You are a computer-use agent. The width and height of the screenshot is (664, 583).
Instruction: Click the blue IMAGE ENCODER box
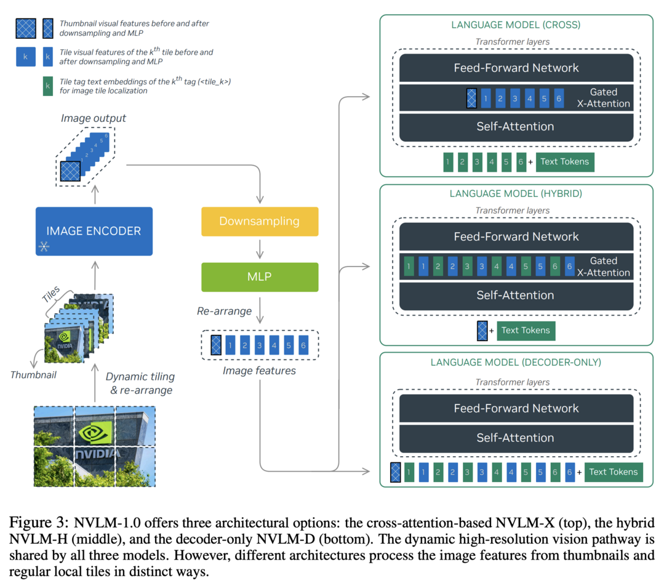coord(94,231)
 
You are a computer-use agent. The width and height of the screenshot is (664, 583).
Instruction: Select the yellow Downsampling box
coord(260,221)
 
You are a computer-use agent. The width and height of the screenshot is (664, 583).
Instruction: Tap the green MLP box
coord(260,277)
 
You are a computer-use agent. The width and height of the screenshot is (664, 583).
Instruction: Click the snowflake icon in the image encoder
coord(44,246)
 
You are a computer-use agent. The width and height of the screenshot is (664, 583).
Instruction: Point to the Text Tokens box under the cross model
coord(565,162)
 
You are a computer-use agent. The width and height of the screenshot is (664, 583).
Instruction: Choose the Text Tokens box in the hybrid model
coord(526,331)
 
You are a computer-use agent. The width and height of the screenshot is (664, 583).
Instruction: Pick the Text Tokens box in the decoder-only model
coord(614,472)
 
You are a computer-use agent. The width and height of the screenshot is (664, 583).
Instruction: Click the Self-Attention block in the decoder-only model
coord(516,438)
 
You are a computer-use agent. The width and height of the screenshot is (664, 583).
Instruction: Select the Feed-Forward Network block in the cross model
coord(516,68)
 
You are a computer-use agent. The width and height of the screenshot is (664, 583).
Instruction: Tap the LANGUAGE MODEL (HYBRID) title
coord(516,194)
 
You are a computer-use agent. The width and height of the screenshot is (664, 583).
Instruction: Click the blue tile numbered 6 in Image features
coord(303,345)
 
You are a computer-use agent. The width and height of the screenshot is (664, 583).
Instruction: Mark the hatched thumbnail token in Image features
coord(216,345)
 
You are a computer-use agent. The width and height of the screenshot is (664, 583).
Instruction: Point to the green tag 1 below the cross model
coord(448,162)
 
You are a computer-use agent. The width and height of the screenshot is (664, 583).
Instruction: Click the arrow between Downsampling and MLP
coord(260,249)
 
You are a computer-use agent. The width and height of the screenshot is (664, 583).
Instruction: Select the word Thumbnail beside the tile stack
coord(33,375)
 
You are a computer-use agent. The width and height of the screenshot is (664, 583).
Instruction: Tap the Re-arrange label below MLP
coord(224,312)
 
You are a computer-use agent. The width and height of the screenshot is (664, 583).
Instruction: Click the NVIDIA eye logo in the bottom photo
coord(95,432)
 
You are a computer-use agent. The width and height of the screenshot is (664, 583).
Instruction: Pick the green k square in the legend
coord(48,86)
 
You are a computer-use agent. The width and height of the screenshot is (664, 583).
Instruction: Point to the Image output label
coord(93,118)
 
